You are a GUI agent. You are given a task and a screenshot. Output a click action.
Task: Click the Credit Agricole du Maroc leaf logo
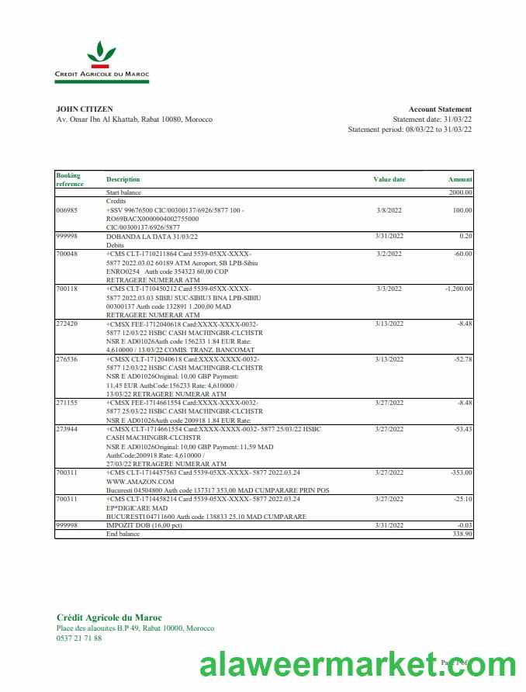pos(102,54)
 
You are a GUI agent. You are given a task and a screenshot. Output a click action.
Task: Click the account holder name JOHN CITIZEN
pos(85,109)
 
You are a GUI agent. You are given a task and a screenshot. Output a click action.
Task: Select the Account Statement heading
pos(440,109)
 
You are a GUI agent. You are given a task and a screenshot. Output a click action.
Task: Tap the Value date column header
pos(389,179)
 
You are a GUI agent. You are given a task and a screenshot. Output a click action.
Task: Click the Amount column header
pos(460,179)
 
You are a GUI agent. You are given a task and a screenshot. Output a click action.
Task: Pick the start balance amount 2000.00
pos(460,192)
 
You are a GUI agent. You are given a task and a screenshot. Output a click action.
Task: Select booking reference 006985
pos(67,210)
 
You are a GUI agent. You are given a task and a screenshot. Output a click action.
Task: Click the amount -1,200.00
pos(456,288)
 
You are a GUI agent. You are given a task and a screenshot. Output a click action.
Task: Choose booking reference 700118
pos(67,288)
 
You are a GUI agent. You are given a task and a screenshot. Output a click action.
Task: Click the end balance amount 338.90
pos(462,535)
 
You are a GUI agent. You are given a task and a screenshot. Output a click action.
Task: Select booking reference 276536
pos(67,359)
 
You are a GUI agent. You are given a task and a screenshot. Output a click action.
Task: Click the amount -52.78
pos(461,359)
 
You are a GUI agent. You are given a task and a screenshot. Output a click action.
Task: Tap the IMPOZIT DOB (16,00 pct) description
pos(144,525)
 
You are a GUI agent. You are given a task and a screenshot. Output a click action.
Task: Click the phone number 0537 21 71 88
pos(79,638)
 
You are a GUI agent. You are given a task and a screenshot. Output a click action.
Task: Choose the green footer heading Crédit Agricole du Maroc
pos(109,618)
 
